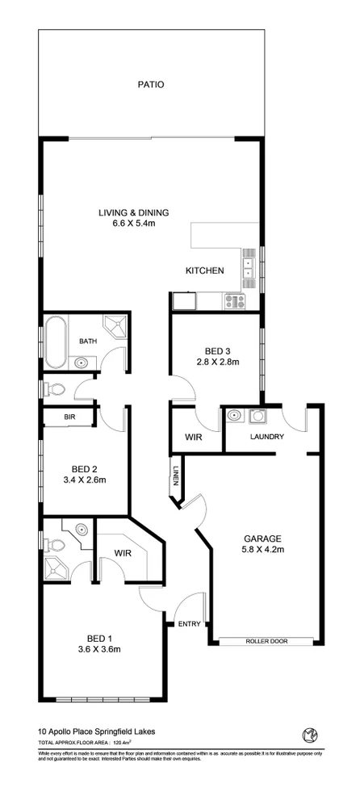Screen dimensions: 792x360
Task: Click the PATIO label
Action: click(151, 83)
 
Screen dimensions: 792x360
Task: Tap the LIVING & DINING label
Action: click(133, 212)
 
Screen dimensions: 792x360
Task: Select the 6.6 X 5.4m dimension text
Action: click(133, 223)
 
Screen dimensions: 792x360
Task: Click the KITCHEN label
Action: click(204, 270)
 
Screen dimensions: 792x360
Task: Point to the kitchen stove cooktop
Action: click(235, 301)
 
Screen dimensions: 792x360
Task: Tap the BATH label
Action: click(87, 341)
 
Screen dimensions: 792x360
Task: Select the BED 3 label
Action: click(217, 350)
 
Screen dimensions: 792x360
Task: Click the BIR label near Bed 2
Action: click(70, 417)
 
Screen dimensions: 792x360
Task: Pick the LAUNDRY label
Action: click(266, 437)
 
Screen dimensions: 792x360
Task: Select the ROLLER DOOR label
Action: click(266, 641)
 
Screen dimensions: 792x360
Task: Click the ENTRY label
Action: click(190, 622)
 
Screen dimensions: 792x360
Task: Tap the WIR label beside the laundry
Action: click(193, 437)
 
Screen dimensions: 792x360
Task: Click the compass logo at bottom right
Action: click(308, 734)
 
